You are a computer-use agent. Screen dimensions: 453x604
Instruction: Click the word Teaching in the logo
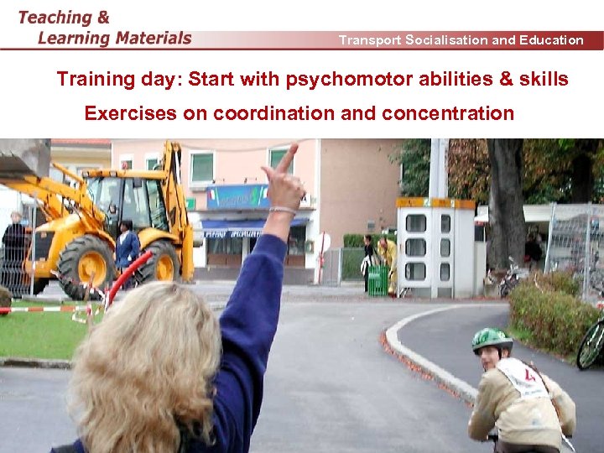pyautogui.click(x=55, y=17)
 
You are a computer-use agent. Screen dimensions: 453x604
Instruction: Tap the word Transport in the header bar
pyautogui.click(x=370, y=39)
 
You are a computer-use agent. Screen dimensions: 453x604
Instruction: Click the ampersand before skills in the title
pyautogui.click(x=508, y=80)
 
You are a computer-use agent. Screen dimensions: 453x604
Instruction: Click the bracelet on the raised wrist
pyautogui.click(x=283, y=210)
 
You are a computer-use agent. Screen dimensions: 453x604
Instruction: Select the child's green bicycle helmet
pyautogui.click(x=491, y=340)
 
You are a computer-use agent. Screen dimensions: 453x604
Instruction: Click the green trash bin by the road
pyautogui.click(x=377, y=280)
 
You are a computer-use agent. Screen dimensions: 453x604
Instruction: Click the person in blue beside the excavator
pyautogui.click(x=127, y=247)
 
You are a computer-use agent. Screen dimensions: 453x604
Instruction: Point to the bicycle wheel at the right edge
pyautogui.click(x=591, y=344)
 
